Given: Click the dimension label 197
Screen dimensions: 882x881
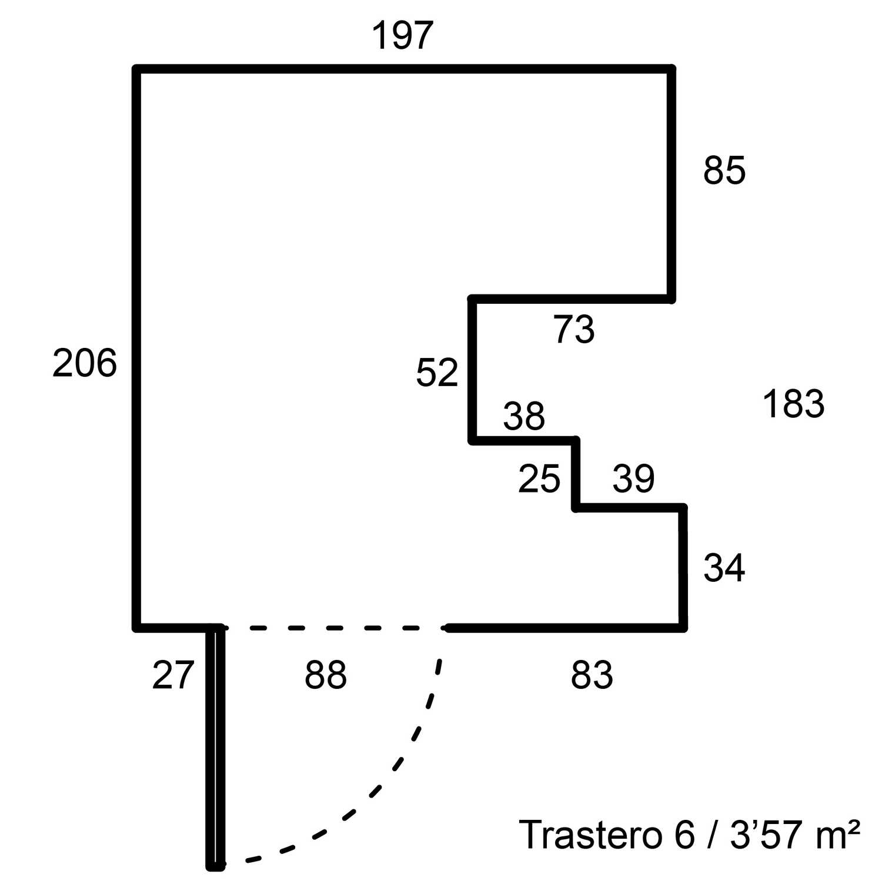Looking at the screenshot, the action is pos(403,35).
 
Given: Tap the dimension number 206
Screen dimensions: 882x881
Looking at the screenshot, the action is pos(85,363).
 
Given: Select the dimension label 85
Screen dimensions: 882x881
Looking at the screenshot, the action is pos(724,170).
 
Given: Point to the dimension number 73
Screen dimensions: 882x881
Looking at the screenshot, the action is pos(574,329).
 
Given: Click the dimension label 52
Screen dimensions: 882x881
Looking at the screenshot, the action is pos(437,372).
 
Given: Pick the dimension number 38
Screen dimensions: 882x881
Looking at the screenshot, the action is pos(524,416).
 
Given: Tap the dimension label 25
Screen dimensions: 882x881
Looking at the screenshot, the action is pos(539,478).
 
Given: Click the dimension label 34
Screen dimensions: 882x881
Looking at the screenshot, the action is pos(724,568).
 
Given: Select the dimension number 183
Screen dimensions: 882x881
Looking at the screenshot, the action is pos(793,404).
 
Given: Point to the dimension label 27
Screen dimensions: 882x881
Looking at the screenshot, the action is pos(173,675).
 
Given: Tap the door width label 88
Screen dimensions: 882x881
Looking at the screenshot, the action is pos(326,674).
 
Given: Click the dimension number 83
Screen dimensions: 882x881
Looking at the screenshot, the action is pos(592,674).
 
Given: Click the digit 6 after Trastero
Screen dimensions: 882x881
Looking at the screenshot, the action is pos(684,834).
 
